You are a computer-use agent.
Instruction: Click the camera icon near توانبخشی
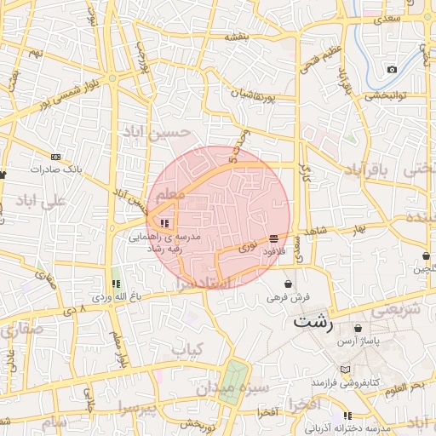coord(392,69)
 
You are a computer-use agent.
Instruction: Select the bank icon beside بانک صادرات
coord(56,157)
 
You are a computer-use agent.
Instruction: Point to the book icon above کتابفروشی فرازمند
coord(345,369)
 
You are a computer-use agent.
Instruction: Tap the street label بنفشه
coord(236,37)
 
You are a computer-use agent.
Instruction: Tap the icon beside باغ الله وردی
coord(116,284)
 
